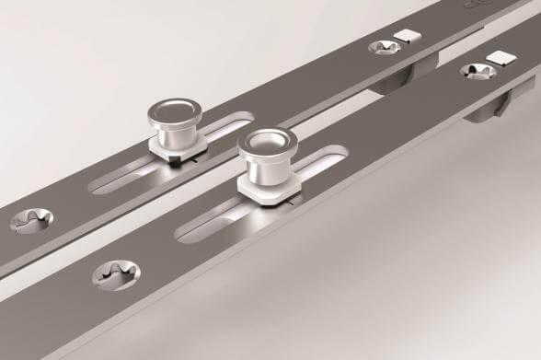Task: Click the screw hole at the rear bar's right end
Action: (380, 45)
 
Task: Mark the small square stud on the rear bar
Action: (402, 37)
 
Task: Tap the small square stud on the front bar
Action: (499, 58)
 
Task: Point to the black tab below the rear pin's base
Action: (174, 160)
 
